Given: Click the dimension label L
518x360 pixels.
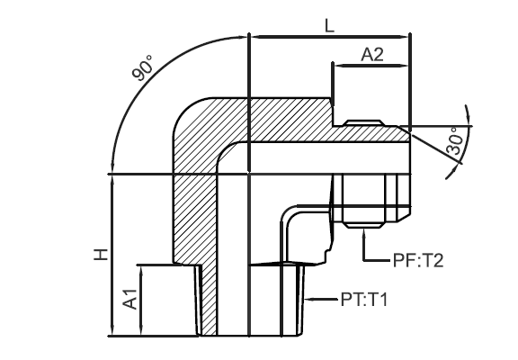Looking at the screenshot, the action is pos(329,26).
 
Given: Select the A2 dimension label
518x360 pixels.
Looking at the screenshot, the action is pos(372,55).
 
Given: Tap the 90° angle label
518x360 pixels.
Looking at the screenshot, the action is pos(143,67).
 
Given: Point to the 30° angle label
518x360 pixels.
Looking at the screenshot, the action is pos(455,140).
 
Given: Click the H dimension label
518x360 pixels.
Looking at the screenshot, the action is pos(101,254).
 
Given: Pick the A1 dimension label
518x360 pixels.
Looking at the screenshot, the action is pos(130,299).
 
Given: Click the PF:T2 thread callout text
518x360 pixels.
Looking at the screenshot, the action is pos(417,260).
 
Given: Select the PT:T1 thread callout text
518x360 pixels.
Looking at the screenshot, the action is pos(363,301).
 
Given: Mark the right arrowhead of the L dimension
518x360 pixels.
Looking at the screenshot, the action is pos(405,37).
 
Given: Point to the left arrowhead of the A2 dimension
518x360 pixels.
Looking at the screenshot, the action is pos(338,66).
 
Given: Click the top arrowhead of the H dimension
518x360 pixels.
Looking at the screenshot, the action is pos(112,180).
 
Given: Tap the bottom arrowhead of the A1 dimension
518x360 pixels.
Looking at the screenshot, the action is pos(141,331).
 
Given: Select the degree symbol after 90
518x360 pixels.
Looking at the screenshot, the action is pos(149,58).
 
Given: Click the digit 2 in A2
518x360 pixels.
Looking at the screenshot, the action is pos(379,55).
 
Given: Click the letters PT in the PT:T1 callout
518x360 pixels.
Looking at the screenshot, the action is pos(350,301).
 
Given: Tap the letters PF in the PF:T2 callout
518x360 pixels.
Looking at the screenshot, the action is pos(402,260).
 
